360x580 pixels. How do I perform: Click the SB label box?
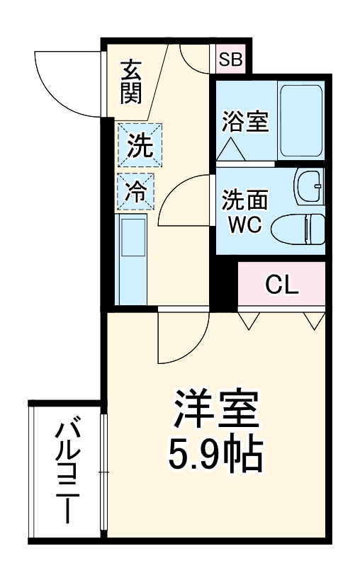pyautogui.click(x=230, y=59)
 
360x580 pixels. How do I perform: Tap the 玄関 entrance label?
pyautogui.click(x=130, y=82)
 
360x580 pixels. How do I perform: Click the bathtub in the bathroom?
pyautogui.click(x=300, y=121)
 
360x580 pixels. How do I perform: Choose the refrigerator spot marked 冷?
pyautogui.click(x=135, y=189)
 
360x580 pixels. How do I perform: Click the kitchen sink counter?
pyautogui.click(x=132, y=258)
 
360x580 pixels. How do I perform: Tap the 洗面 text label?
pyautogui.click(x=244, y=200)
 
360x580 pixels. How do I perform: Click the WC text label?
pyautogui.click(x=244, y=225)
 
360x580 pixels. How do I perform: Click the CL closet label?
pyautogui.click(x=282, y=285)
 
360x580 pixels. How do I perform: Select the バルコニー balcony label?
pyautogui.click(x=67, y=472)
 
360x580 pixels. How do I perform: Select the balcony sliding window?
pyautogui.click(x=104, y=472)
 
